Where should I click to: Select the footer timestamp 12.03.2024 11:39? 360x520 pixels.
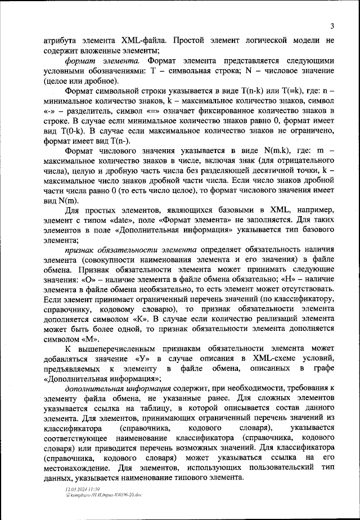coord(83,490)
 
